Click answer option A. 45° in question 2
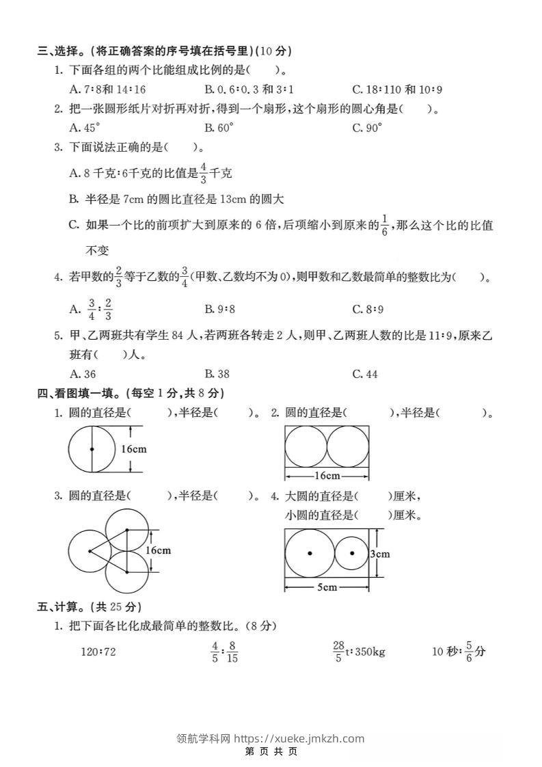click(x=85, y=127)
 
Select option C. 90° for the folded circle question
click(x=367, y=127)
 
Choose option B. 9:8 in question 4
click(x=219, y=309)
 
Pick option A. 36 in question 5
click(x=83, y=374)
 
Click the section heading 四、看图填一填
click(x=130, y=393)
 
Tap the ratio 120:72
click(x=98, y=652)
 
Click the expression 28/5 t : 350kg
click(x=359, y=651)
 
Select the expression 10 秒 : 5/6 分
click(x=458, y=651)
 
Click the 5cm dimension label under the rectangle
click(x=327, y=587)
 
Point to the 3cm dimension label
click(x=379, y=554)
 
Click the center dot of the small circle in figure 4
click(x=352, y=553)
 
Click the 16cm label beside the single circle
click(x=134, y=449)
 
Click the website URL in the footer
click(x=299, y=738)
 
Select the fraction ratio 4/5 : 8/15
click(x=224, y=652)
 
